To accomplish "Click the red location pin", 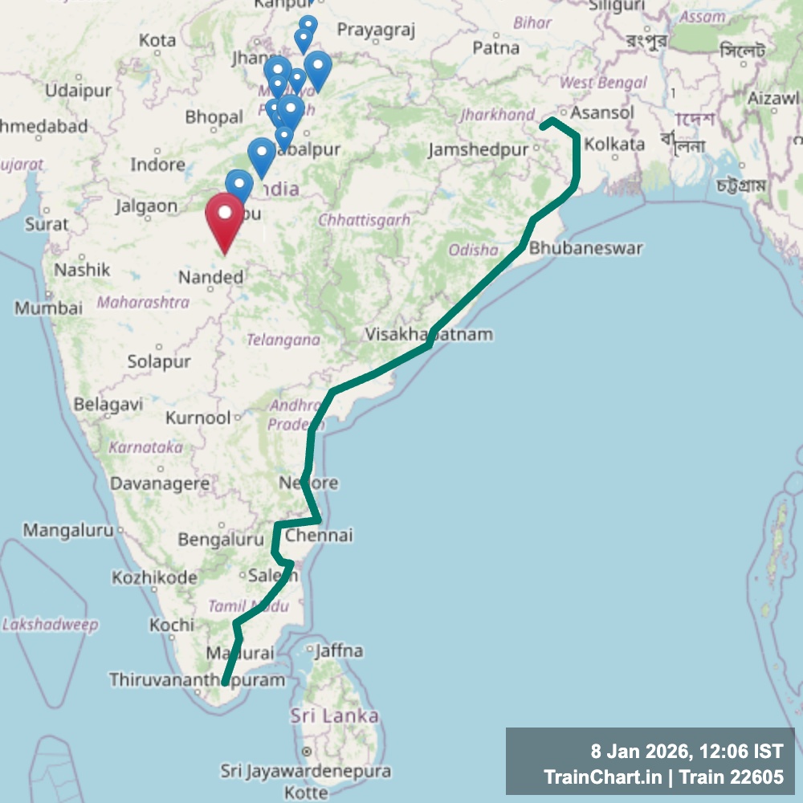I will click(225, 221).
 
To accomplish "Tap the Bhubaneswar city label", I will click(585, 248).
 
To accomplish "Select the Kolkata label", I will click(614, 145).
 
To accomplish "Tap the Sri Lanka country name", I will click(335, 715).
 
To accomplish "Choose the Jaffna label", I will click(340, 650).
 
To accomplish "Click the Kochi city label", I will click(171, 624).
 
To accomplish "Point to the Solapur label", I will click(159, 362).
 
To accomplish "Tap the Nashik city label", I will click(82, 270).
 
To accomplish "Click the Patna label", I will click(495, 48).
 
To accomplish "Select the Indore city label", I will click(158, 165).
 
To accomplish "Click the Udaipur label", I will click(78, 91).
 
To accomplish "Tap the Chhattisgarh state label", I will click(365, 219).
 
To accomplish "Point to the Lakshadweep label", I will click(50, 624).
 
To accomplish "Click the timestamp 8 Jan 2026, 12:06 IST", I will click(686, 752).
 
